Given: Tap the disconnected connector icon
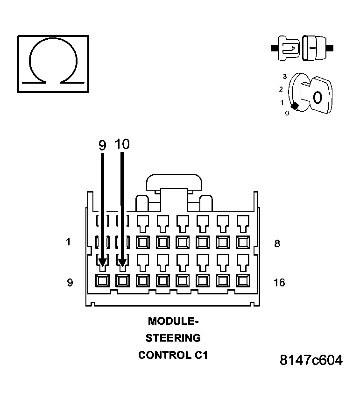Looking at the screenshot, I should point(302,48).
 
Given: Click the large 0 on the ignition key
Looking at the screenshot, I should point(317,98).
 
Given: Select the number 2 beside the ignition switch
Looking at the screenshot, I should point(281,89).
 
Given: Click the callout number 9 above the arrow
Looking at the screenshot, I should point(102,145).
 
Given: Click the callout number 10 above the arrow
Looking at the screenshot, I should point(122,144).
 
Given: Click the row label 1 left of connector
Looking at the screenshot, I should point(69,242).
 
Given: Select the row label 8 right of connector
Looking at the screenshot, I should point(277,243).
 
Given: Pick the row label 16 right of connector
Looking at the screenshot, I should point(279,282).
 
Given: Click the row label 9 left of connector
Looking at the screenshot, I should point(70,283).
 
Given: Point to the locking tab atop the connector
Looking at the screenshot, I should point(174,182).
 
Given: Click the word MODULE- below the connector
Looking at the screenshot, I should point(173,321).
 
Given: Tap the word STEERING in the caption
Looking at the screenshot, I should point(173,338).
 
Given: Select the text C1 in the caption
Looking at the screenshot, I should point(199,355).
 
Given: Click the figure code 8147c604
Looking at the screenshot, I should point(311,360).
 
